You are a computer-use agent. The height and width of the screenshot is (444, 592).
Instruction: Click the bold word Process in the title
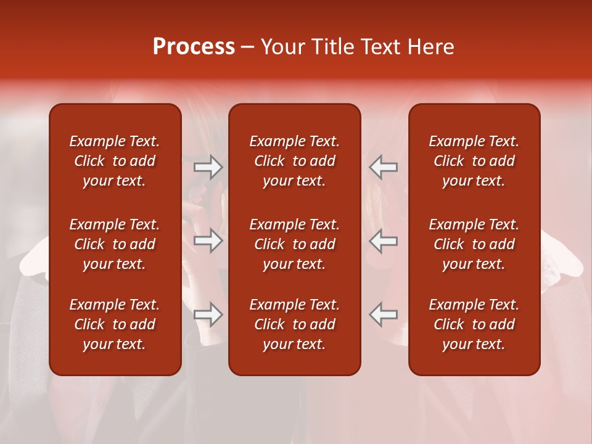point(194,47)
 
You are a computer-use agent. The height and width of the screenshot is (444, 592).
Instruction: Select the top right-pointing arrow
point(208,167)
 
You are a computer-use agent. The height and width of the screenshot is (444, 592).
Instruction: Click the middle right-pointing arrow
point(208,240)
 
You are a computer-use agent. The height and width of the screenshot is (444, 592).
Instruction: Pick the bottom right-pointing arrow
point(208,314)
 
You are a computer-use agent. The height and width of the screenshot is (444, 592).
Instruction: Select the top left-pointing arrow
point(384,167)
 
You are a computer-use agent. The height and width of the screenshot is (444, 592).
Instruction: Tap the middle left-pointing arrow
point(384,240)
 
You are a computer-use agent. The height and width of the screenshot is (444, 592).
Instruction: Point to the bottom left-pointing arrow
point(384,314)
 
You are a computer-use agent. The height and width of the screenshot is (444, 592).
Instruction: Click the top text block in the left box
point(115,161)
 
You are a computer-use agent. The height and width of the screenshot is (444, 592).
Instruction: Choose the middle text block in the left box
point(115,244)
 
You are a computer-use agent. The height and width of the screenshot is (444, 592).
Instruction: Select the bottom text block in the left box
point(115,324)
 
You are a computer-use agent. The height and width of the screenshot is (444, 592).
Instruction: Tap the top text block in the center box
point(295,161)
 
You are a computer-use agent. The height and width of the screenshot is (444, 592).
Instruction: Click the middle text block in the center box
point(295,244)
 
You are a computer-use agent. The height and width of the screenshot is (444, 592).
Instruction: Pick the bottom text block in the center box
point(295,324)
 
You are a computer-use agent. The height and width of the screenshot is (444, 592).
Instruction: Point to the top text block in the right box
point(474,161)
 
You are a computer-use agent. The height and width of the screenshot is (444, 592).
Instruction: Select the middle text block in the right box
point(474,244)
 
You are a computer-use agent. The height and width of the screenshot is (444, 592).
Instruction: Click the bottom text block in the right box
point(474,324)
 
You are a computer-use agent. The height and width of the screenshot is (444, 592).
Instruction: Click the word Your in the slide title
point(283,47)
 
